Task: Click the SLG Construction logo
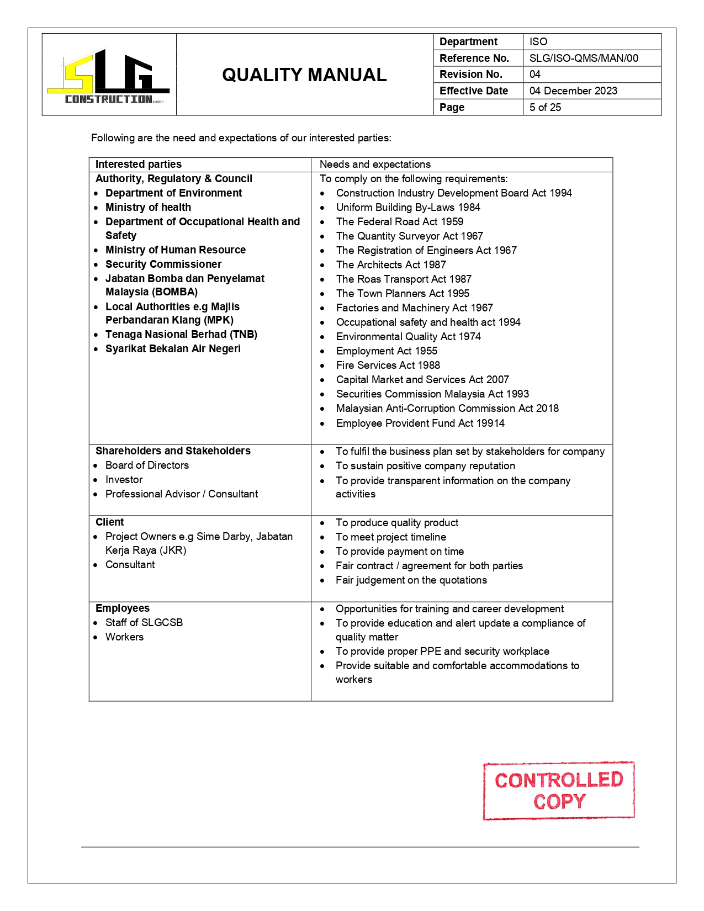click(109, 76)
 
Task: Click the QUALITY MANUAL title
click(304, 75)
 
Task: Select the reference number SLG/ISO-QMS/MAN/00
click(583, 58)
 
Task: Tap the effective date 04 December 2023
click(573, 91)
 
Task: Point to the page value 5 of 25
click(544, 107)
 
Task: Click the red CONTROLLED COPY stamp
click(559, 790)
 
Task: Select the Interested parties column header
click(138, 164)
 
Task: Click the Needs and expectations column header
click(375, 164)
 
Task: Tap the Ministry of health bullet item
click(148, 207)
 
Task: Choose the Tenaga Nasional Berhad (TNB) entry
click(181, 334)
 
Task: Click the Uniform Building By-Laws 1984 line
click(407, 207)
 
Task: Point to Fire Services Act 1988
click(388, 365)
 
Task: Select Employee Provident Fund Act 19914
click(420, 423)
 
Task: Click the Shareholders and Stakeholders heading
click(173, 451)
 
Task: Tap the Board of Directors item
click(147, 465)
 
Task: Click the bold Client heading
click(109, 522)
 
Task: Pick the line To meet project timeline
click(390, 537)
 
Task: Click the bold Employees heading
click(122, 608)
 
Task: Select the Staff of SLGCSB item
click(144, 622)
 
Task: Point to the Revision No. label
click(470, 74)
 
